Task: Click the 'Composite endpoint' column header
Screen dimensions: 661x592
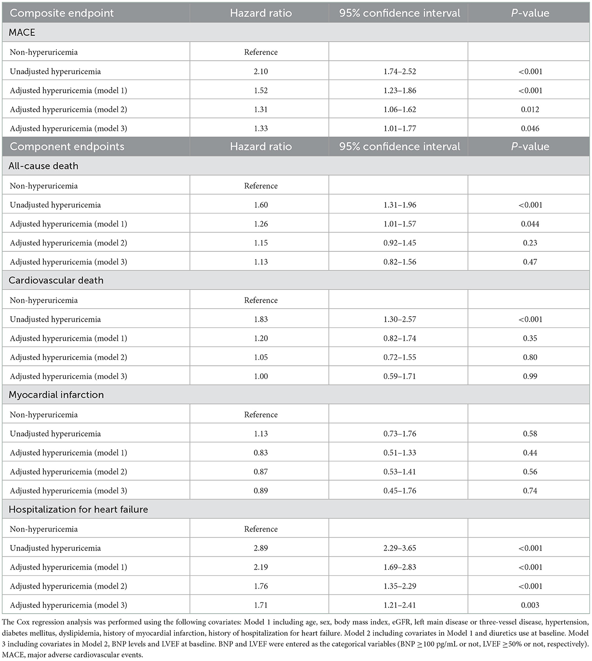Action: [62, 13]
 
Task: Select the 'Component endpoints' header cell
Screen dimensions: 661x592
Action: [67, 147]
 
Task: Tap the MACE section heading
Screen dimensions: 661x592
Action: [22, 32]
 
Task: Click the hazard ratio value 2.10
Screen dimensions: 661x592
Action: [261, 71]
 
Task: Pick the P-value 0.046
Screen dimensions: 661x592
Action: [530, 129]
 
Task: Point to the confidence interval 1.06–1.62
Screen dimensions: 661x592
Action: [400, 110]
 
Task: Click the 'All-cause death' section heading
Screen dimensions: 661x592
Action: [43, 166]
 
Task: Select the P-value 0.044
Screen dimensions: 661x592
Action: [530, 224]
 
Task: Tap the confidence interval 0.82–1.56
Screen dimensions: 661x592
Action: [400, 262]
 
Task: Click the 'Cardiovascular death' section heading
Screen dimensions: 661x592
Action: [56, 280]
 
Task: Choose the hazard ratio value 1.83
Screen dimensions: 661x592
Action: [261, 319]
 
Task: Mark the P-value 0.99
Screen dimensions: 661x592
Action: [530, 376]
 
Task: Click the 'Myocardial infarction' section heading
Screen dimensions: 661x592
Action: [56, 395]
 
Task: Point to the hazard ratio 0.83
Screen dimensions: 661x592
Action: [261, 453]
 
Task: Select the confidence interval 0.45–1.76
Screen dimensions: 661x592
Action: [400, 491]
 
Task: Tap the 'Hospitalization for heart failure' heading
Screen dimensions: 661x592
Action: [78, 509]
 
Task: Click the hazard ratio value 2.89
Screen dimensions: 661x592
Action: [261, 548]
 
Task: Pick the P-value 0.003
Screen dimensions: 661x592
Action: [530, 605]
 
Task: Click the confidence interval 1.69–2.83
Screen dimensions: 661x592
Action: [400, 567]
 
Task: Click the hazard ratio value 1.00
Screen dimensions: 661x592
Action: [261, 376]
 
